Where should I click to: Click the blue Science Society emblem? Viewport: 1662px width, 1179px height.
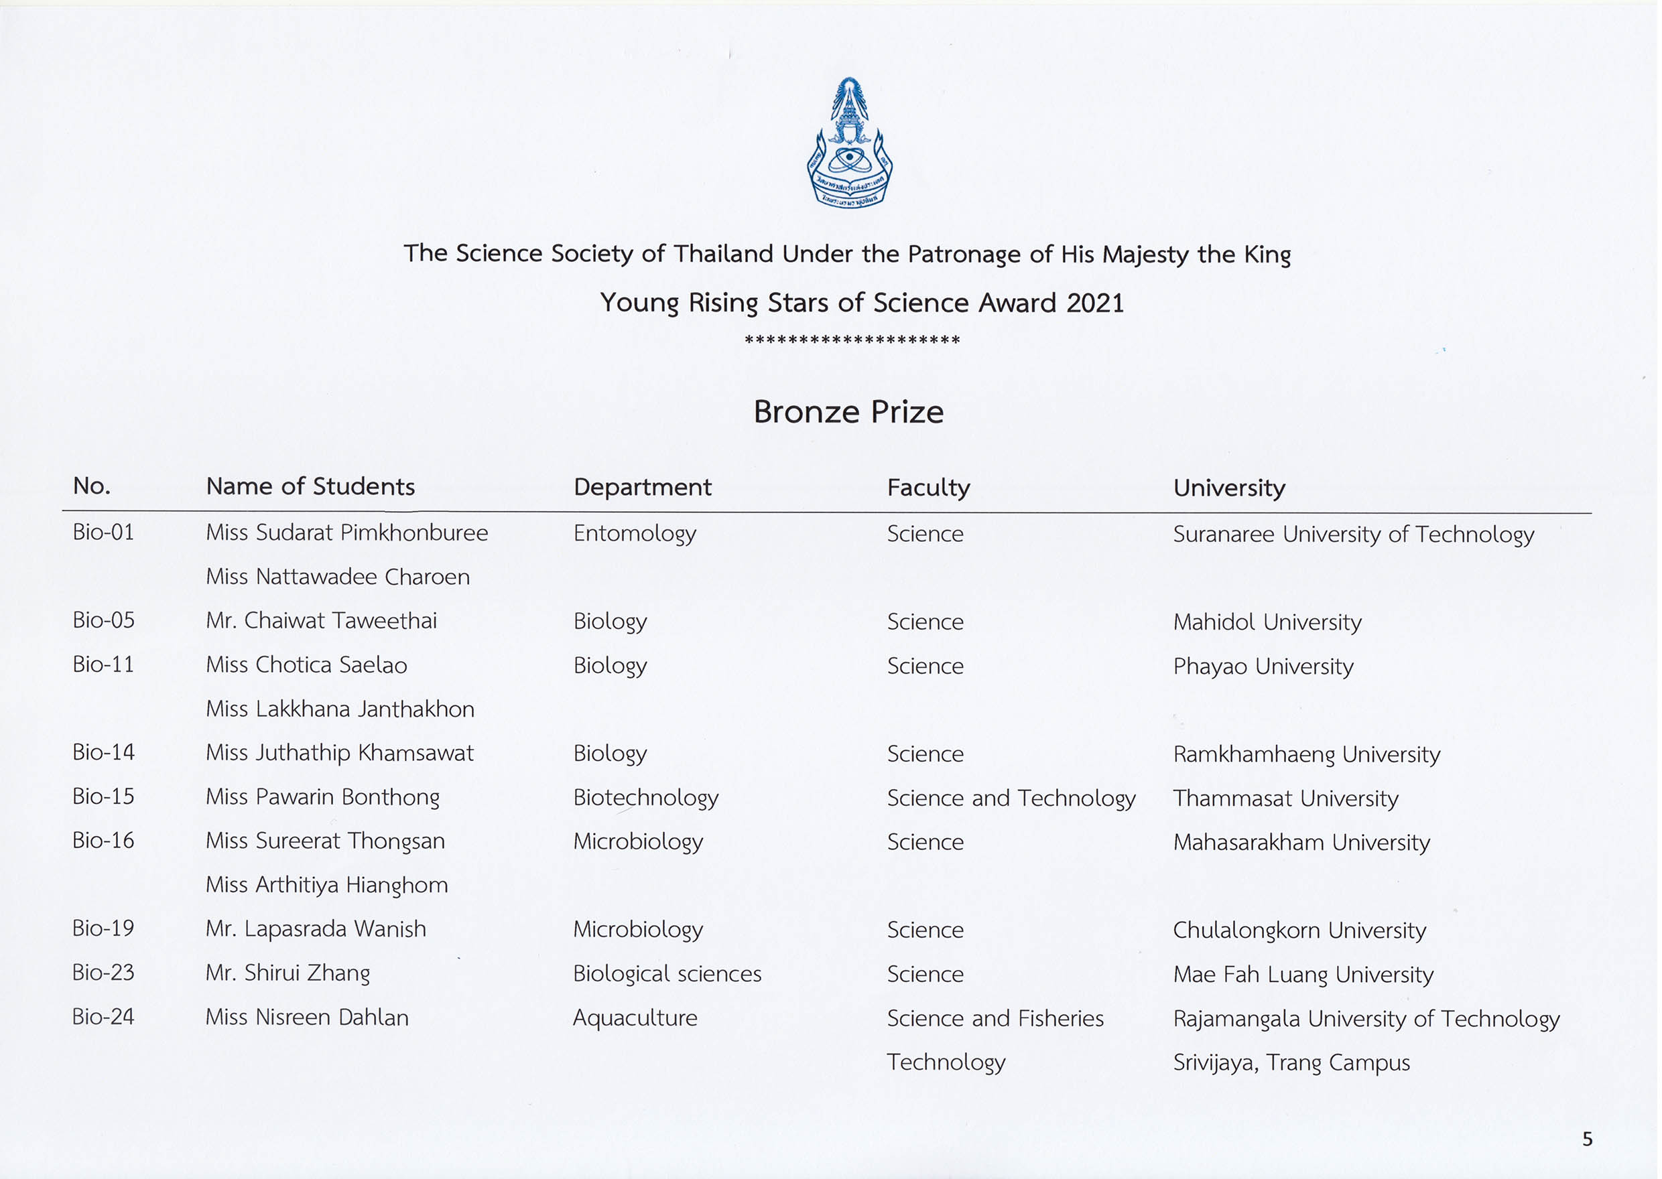point(850,144)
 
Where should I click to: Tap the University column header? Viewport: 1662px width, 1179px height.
point(1228,487)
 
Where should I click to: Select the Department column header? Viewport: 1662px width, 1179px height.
point(642,486)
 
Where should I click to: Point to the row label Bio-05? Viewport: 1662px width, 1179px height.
point(103,620)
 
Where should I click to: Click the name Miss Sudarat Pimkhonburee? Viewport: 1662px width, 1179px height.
point(346,532)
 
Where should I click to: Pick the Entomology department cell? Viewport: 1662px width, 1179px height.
point(635,534)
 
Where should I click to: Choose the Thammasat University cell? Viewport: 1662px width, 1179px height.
point(1285,799)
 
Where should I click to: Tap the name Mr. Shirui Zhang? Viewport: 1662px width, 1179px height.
point(287,973)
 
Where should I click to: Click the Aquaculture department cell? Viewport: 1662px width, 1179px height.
point(635,1018)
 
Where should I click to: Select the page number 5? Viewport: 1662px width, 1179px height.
point(1587,1139)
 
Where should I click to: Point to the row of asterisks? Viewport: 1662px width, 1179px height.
point(852,340)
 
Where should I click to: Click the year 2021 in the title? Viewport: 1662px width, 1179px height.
point(1095,303)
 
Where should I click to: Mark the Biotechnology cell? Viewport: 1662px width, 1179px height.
point(645,798)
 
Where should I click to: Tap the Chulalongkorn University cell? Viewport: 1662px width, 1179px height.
point(1299,930)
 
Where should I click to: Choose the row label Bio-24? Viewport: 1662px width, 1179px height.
point(103,1016)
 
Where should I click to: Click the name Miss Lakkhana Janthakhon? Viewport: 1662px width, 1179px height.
point(340,709)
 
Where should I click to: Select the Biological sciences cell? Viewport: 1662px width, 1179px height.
point(667,973)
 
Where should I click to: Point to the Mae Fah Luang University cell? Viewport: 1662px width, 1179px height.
point(1303,974)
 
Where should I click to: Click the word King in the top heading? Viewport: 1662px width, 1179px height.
point(1267,255)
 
